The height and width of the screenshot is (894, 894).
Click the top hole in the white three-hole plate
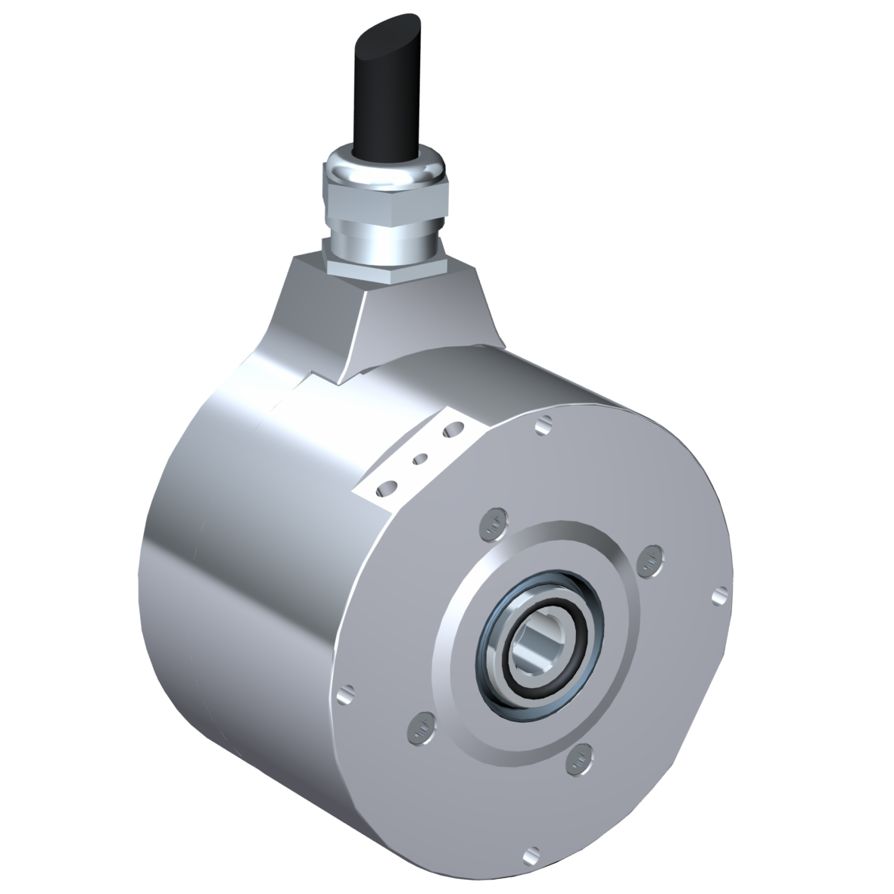(x=454, y=430)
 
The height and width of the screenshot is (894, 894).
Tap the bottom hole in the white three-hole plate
(x=388, y=486)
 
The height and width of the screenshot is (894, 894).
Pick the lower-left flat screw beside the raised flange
(x=419, y=729)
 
